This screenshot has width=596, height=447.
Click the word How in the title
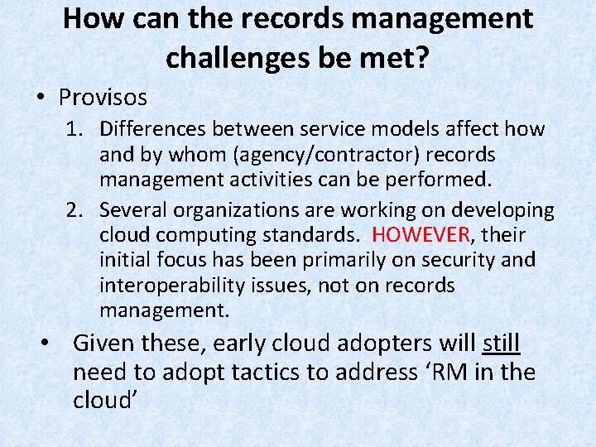[93, 18]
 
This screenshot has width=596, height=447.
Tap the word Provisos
[103, 98]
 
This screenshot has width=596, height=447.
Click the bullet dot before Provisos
[41, 99]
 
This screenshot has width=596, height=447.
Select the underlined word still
[501, 344]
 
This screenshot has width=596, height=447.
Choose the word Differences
[153, 129]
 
